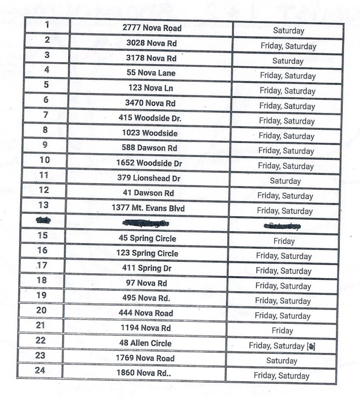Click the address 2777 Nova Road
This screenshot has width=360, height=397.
click(x=152, y=28)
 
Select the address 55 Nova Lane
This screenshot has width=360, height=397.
click(x=151, y=73)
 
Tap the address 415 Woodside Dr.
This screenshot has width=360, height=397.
click(x=150, y=118)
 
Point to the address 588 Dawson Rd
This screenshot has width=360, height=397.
click(x=149, y=148)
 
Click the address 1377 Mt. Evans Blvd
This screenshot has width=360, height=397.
click(x=148, y=208)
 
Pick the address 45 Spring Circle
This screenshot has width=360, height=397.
click(x=147, y=239)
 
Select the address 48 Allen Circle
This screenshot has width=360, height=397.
click(x=145, y=343)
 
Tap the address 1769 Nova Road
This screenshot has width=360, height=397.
click(x=145, y=358)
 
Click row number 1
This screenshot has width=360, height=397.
click(x=47, y=25)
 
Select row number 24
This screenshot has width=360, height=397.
click(x=40, y=370)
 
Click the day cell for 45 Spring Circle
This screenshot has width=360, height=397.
click(x=284, y=241)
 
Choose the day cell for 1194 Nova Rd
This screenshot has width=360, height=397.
click(x=282, y=330)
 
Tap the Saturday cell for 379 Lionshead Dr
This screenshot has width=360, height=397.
click(x=285, y=181)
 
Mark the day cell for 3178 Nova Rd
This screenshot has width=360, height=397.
click(x=288, y=61)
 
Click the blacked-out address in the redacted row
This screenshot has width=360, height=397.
click(x=147, y=223)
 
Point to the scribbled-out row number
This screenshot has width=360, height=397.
click(x=43, y=220)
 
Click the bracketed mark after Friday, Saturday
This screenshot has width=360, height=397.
click(x=311, y=346)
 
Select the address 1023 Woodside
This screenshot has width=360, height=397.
click(x=149, y=133)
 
